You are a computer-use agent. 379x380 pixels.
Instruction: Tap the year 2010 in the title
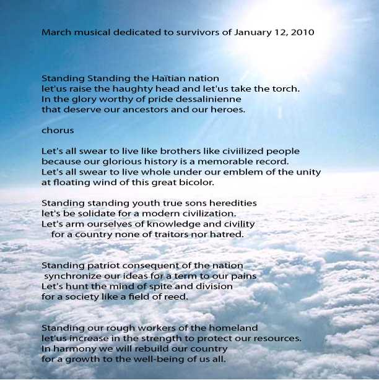[x=303, y=31]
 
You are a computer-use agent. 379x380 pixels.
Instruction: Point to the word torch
[x=286, y=89]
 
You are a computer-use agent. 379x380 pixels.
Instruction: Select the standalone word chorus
[x=58, y=131]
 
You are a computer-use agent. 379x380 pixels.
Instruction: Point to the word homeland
[x=230, y=327]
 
